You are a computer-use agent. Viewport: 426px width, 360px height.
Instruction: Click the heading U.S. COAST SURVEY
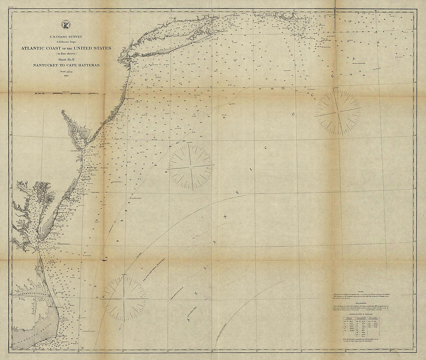click(x=66, y=37)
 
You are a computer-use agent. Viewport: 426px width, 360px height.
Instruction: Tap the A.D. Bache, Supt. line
click(x=65, y=41)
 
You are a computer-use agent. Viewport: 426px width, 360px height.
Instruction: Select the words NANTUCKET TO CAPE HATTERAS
click(x=65, y=65)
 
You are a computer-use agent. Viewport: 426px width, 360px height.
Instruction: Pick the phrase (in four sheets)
click(x=65, y=54)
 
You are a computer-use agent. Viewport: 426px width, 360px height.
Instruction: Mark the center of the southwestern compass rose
click(x=124, y=298)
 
